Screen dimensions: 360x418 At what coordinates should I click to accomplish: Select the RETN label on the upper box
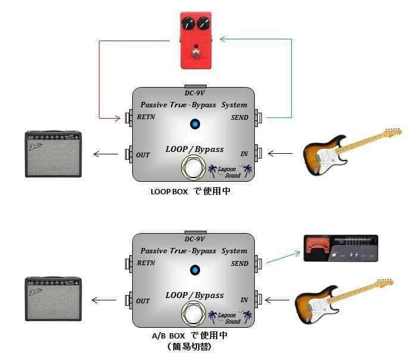tap(146, 117)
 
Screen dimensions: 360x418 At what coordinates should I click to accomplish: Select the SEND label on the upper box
tap(239, 117)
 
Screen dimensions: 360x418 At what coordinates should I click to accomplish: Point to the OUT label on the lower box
tap(143, 301)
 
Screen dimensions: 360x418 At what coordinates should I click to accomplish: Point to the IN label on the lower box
tap(244, 300)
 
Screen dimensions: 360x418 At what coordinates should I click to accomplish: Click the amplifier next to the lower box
tap(54, 298)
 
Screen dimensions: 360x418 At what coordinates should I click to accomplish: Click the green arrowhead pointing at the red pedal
tap(222, 39)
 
